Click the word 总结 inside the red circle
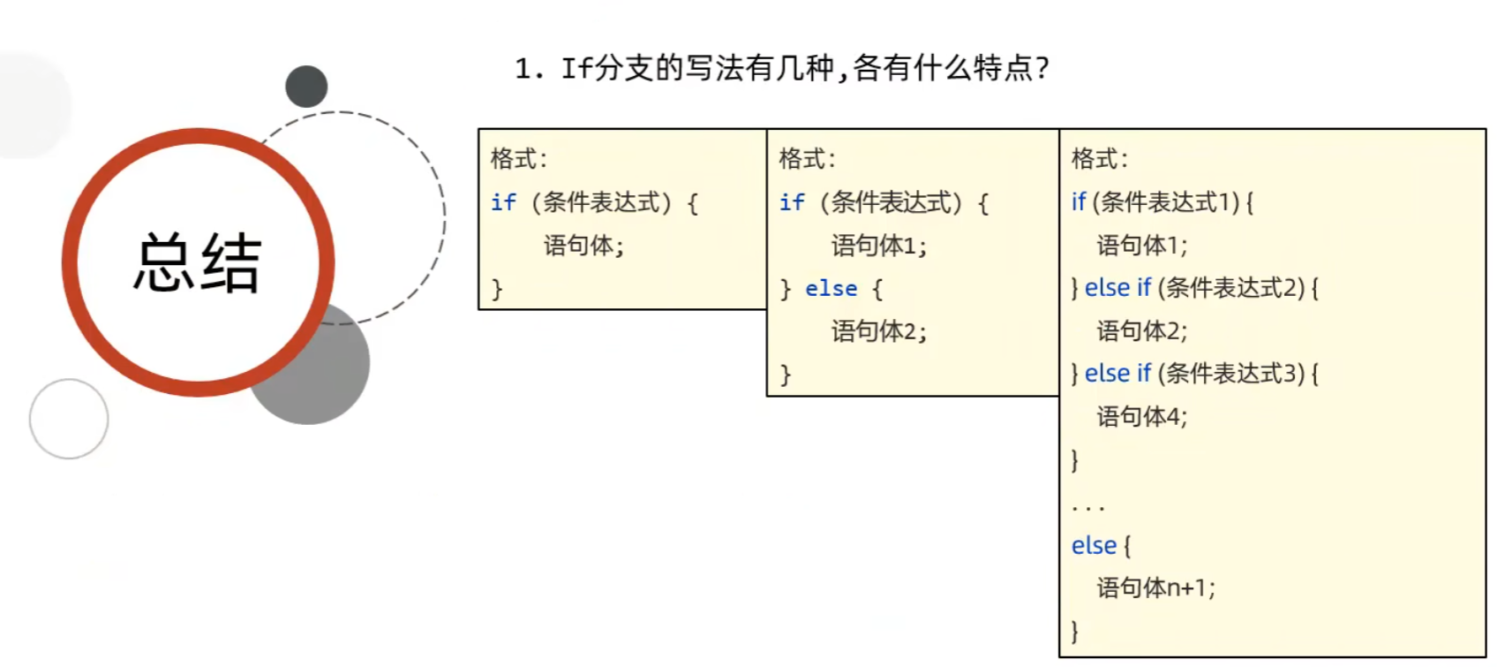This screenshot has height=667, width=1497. (x=198, y=263)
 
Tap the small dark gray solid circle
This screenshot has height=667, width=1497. (x=306, y=87)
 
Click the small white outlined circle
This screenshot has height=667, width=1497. (x=69, y=419)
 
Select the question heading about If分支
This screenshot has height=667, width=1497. (x=782, y=68)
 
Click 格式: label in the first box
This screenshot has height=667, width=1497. (x=518, y=159)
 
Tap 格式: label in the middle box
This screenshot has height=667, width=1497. (x=807, y=159)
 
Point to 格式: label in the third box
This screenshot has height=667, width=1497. (x=1099, y=159)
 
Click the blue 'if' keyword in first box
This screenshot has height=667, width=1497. (x=503, y=202)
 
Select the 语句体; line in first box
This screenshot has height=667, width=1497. (x=583, y=246)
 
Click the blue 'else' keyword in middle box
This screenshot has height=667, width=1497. (x=831, y=289)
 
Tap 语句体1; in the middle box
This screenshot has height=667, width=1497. (x=878, y=246)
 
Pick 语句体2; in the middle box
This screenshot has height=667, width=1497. (x=878, y=331)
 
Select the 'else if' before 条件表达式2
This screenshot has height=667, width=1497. (x=1117, y=288)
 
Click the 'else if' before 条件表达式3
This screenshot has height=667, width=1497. (x=1117, y=374)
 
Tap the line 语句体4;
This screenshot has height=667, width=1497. (x=1141, y=416)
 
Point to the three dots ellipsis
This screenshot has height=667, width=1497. (x=1087, y=508)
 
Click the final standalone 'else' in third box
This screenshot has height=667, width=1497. (x=1094, y=546)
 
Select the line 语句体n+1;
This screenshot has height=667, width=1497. (x=1155, y=588)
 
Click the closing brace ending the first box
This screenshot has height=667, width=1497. (x=497, y=289)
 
